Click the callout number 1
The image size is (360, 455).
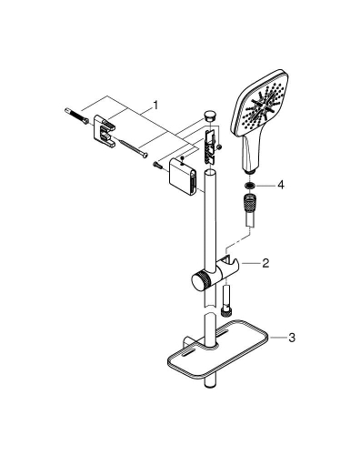[x=155, y=106]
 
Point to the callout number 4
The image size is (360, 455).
[x=281, y=184]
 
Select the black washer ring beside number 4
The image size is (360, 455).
[x=249, y=184]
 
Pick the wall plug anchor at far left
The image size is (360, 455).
[x=77, y=117]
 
